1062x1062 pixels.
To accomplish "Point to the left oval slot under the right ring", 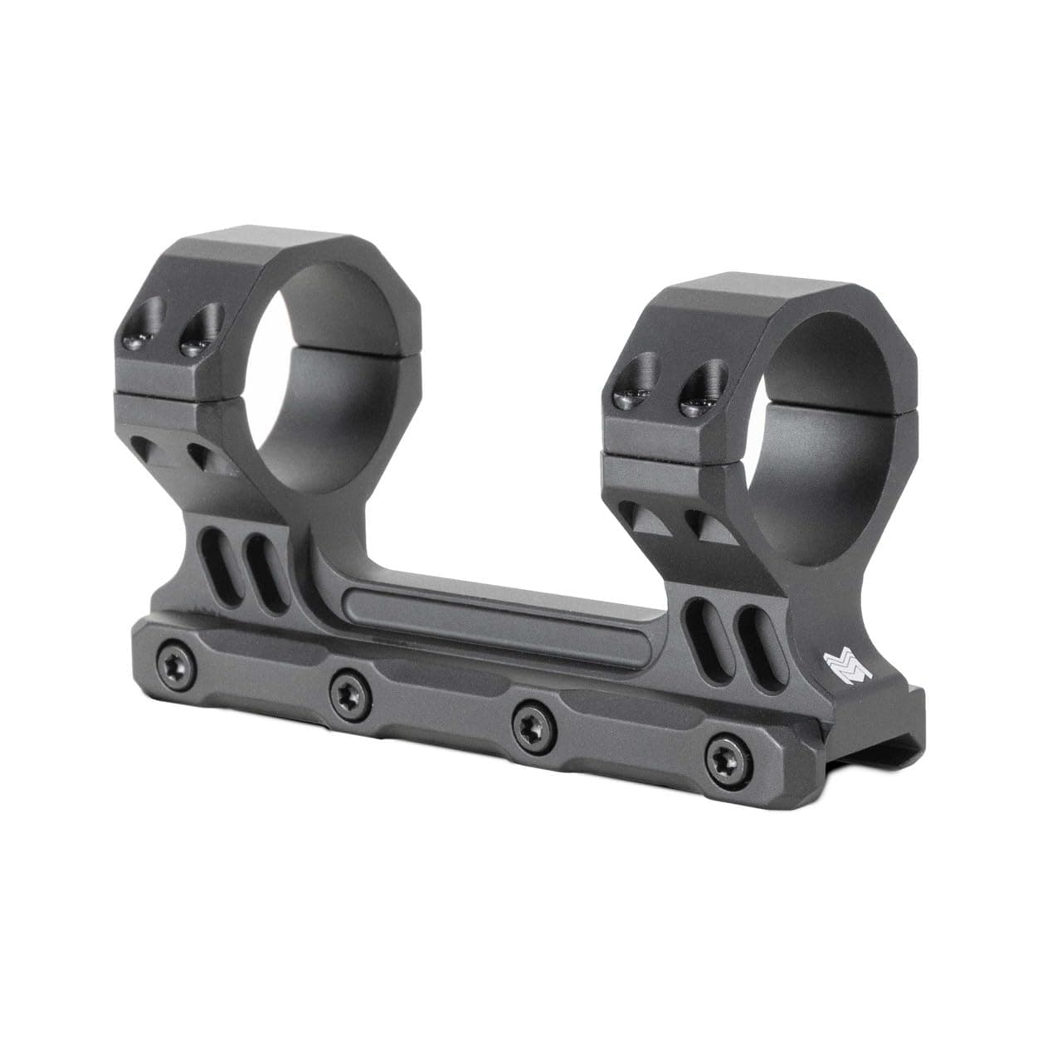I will tap(701, 632).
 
